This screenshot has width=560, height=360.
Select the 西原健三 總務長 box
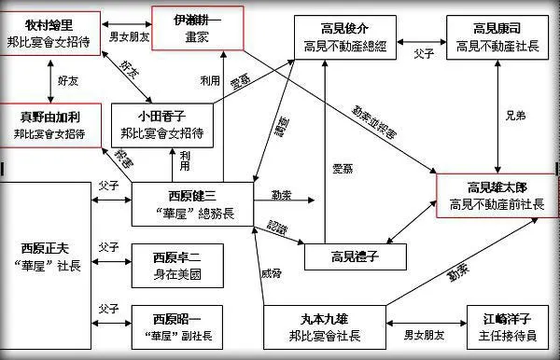click(x=190, y=201)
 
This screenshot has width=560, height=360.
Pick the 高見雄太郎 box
click(x=495, y=195)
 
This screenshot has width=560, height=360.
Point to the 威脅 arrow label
click(x=271, y=274)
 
